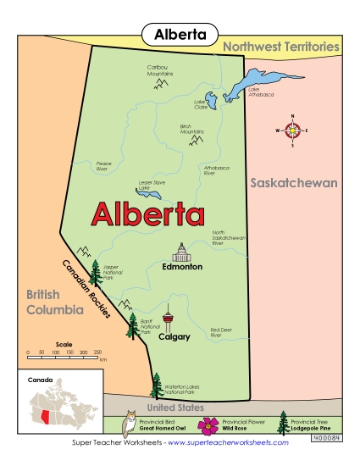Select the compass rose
click(293, 130)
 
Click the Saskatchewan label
click(294, 183)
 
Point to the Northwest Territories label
click(282, 47)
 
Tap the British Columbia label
click(53, 302)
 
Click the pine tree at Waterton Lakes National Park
click(156, 386)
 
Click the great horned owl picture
click(130, 424)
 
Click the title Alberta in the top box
click(180, 34)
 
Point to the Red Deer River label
click(221, 332)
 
